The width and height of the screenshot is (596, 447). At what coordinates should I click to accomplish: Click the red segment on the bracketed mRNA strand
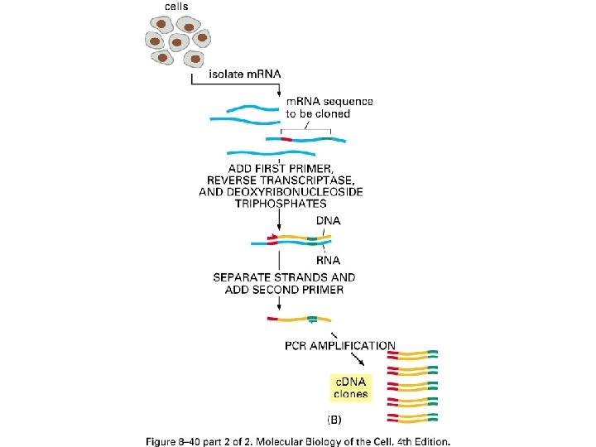(286, 139)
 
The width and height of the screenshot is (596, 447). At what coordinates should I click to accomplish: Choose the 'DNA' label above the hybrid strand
(329, 221)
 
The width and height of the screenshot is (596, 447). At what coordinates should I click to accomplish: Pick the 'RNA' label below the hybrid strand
(329, 259)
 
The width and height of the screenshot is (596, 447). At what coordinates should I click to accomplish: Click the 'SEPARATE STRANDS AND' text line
(284, 277)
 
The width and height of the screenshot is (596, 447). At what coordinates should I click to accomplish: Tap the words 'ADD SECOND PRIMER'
(284, 290)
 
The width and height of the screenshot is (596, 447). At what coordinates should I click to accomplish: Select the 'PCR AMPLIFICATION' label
(339, 345)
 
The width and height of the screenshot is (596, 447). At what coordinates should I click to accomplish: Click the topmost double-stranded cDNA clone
(417, 354)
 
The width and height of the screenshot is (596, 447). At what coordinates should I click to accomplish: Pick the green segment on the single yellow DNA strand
(312, 319)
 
